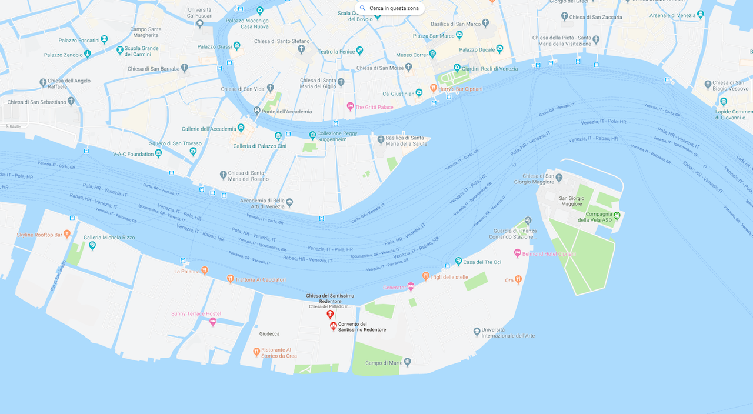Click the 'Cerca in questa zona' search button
pos(389,8)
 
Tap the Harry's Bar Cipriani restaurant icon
pos(434,89)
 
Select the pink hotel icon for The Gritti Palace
pos(350,106)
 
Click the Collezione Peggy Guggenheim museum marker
pos(313,135)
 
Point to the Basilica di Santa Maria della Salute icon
pos(381,140)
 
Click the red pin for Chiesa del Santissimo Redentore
pos(330,314)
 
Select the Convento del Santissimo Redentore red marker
pos(333,326)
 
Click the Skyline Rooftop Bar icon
pos(67,234)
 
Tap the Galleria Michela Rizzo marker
pos(92,245)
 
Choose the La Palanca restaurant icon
pos(205,271)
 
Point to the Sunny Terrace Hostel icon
pos(213,321)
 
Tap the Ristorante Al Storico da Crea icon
pos(256,352)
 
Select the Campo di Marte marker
pos(408,362)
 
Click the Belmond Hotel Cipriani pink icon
pos(518,253)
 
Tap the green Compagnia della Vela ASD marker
pos(617,215)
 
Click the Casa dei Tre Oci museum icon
pos(458,261)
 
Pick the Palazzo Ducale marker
pos(501,49)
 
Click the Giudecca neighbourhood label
pos(269,333)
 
